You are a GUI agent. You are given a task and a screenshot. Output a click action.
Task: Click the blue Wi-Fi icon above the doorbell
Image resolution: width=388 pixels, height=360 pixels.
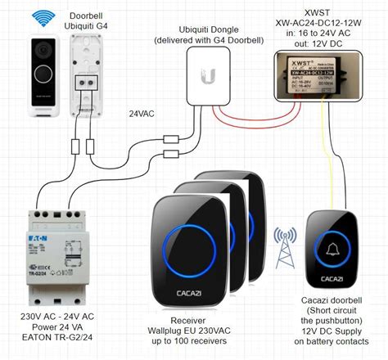click(x=40, y=16)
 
